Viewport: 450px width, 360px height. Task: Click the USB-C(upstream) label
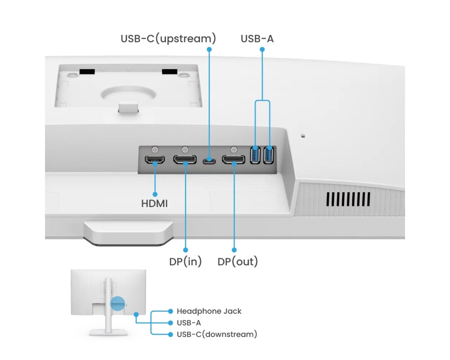[168, 39]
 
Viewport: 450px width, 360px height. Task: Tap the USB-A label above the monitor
[257, 39]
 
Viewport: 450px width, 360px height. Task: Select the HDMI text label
[154, 203]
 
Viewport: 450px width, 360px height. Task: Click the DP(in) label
[185, 261]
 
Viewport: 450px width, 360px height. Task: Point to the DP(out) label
[238, 261]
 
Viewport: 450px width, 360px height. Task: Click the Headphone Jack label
[209, 311]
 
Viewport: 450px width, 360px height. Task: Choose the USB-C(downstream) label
[217, 334]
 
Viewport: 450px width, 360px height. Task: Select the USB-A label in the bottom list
[189, 323]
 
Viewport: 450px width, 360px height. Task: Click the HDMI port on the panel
[154, 159]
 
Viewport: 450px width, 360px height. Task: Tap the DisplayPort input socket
[185, 159]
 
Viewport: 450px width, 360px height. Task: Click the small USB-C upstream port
[208, 160]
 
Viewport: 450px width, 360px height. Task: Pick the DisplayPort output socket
[234, 160]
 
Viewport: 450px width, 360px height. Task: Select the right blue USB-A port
[269, 155]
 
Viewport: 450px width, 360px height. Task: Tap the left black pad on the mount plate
[87, 72]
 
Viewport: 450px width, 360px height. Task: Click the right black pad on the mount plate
[170, 72]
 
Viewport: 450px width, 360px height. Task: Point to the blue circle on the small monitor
[117, 304]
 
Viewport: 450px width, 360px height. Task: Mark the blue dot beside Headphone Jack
[170, 311]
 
